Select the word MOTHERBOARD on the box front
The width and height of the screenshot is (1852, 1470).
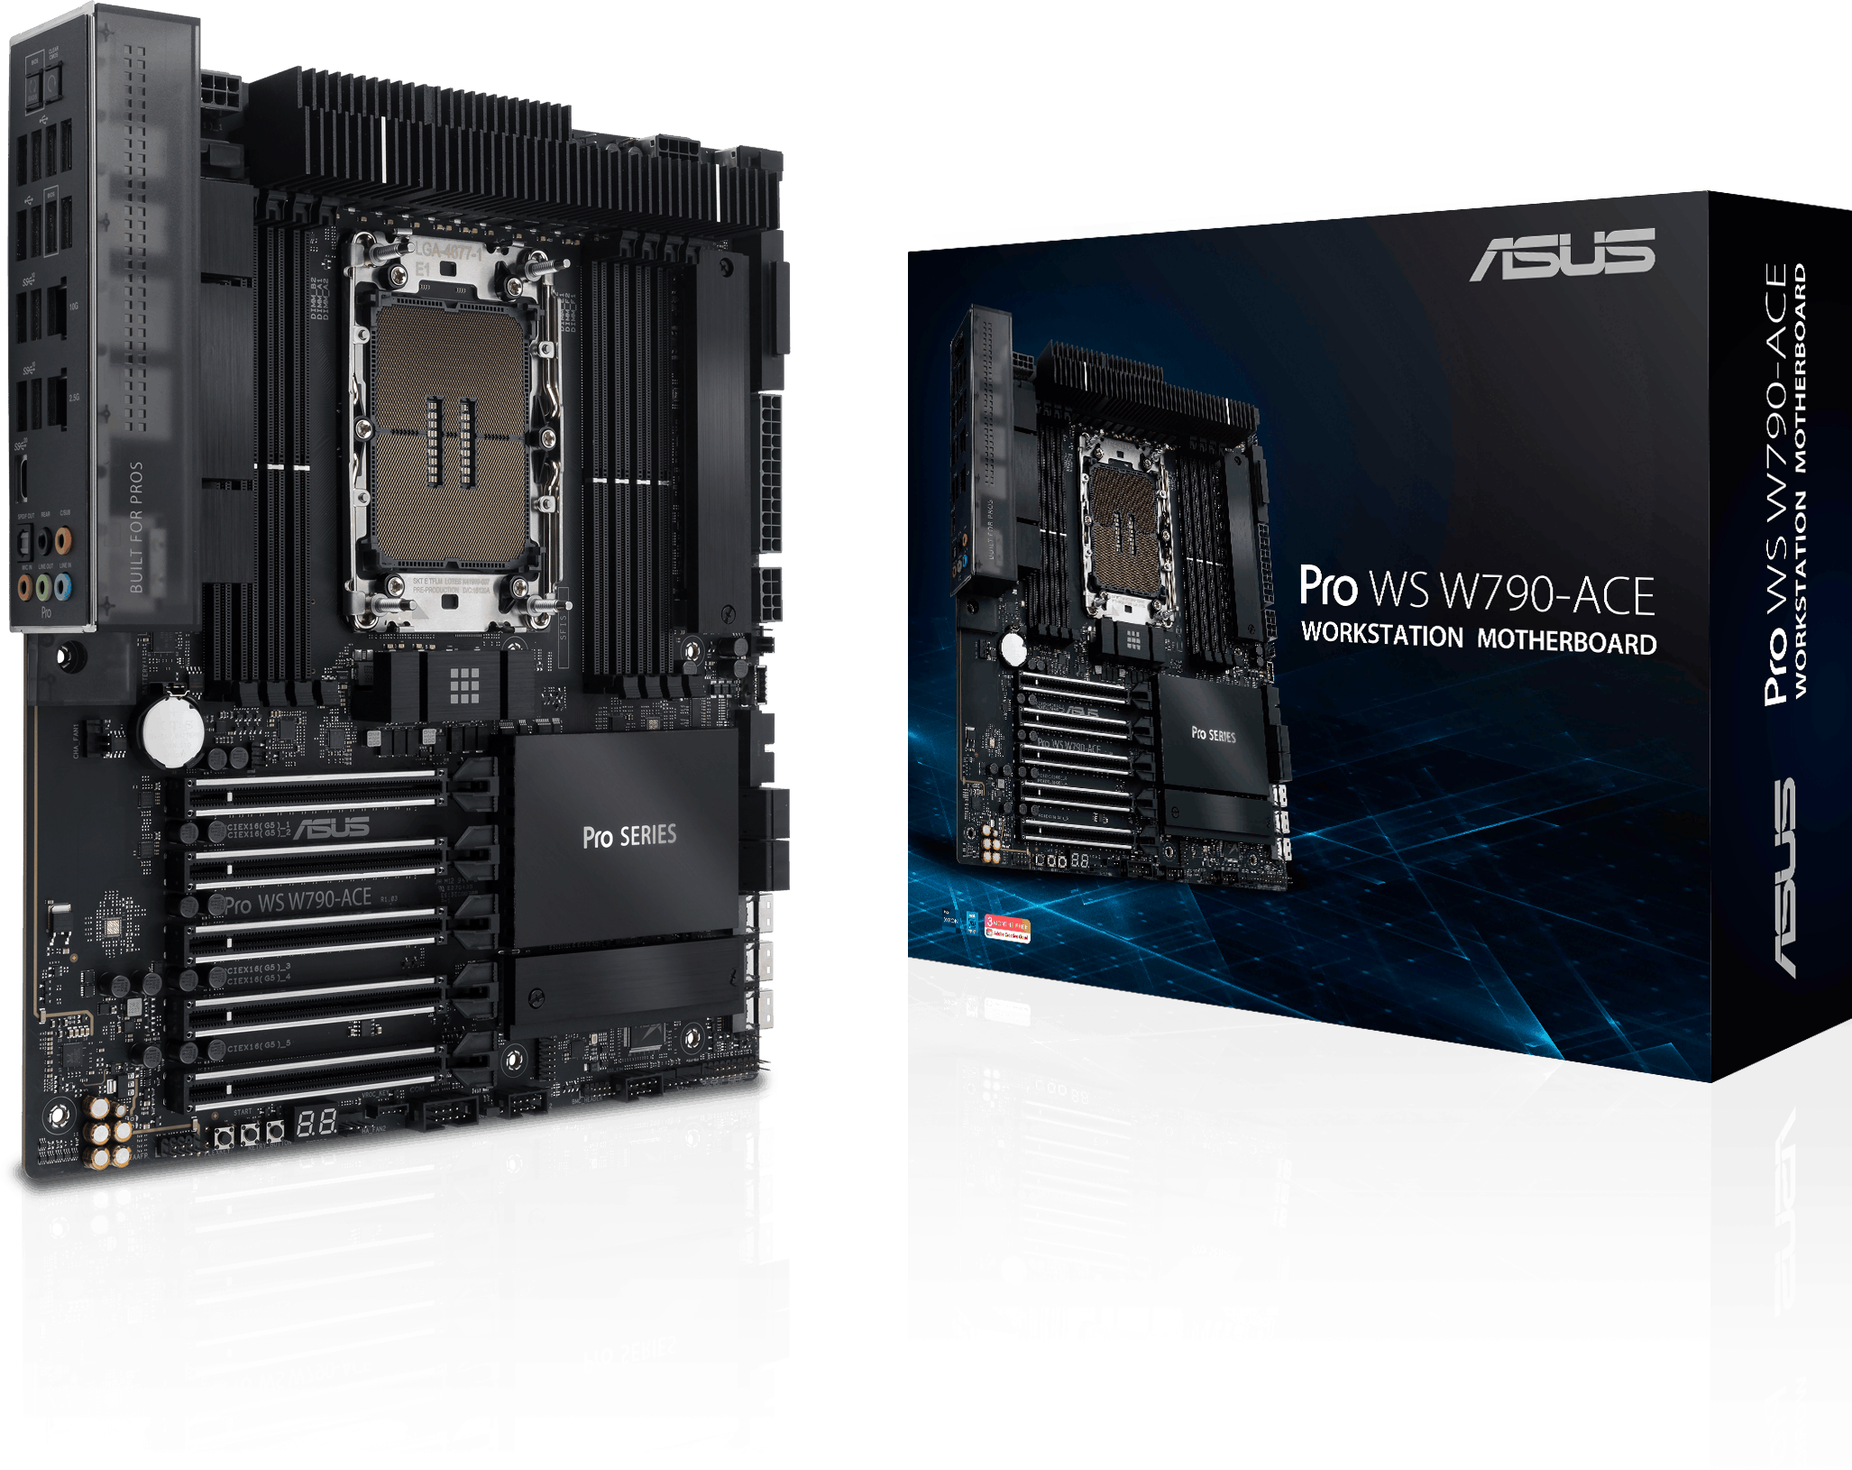click(x=1566, y=641)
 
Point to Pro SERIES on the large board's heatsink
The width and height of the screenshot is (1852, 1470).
click(x=628, y=836)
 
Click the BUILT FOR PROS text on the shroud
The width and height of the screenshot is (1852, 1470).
click(x=136, y=527)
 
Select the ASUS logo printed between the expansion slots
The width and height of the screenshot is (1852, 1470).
click(x=331, y=828)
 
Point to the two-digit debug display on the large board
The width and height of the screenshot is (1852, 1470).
click(x=316, y=1123)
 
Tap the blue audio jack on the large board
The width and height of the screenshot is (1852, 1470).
click(x=63, y=588)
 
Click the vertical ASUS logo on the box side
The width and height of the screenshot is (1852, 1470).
click(x=1776, y=879)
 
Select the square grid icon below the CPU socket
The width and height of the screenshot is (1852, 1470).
click(x=464, y=686)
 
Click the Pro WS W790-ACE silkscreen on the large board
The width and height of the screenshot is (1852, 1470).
click(x=298, y=900)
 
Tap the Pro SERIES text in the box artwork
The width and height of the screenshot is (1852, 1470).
click(x=1213, y=734)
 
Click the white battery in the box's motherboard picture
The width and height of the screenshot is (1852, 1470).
click(x=1013, y=647)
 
